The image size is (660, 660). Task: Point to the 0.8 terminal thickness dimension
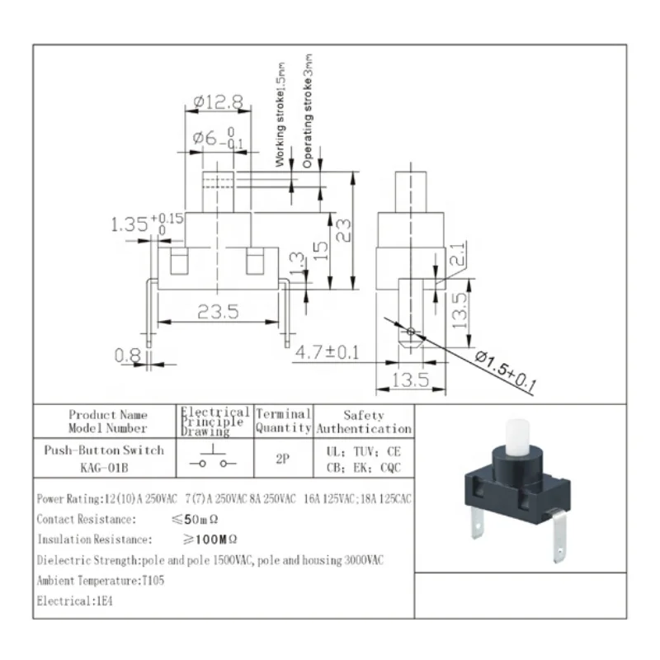pyautogui.click(x=127, y=356)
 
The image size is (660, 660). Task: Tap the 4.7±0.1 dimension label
pyautogui.click(x=327, y=354)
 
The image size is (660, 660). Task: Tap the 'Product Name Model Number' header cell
pyautogui.click(x=108, y=422)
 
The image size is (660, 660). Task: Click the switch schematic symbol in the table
pyautogui.click(x=214, y=459)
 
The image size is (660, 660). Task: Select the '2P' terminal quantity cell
pyautogui.click(x=283, y=460)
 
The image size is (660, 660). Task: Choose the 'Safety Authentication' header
pyautogui.click(x=364, y=422)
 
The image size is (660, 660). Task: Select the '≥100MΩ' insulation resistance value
pyautogui.click(x=210, y=540)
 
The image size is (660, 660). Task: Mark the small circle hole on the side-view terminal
pyautogui.click(x=411, y=332)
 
